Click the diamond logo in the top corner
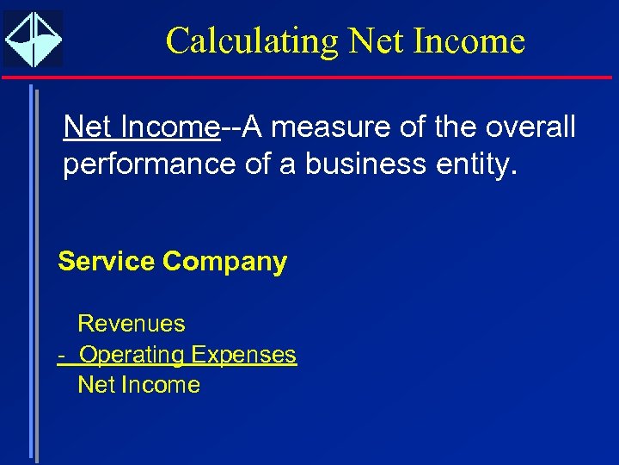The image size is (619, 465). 33,40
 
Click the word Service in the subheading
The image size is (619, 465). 107,262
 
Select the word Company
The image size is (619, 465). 225,262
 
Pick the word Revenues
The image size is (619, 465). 132,324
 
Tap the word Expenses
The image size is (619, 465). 243,355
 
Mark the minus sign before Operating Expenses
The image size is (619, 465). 62,355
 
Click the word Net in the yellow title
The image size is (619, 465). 375,41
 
